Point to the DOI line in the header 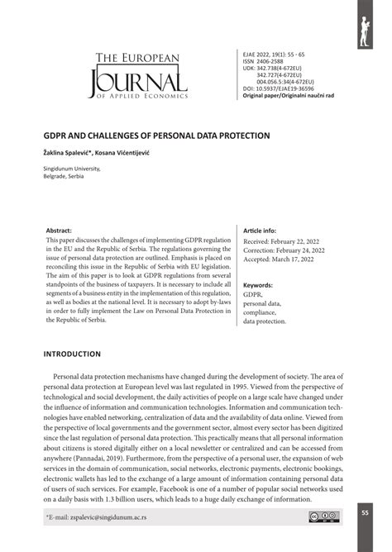point(277,88)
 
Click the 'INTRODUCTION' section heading point(72,354)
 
